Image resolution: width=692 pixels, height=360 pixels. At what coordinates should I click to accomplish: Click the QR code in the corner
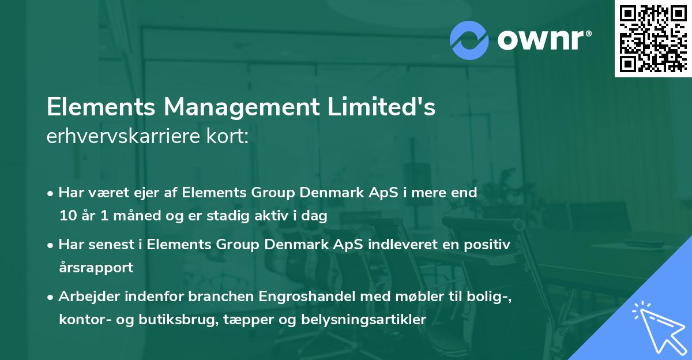coord(653,39)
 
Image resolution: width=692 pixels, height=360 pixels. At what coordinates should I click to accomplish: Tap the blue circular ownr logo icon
coord(469,40)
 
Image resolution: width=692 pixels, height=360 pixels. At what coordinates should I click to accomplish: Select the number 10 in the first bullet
coord(67,216)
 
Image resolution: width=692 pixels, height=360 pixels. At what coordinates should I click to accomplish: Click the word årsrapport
coord(96,268)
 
